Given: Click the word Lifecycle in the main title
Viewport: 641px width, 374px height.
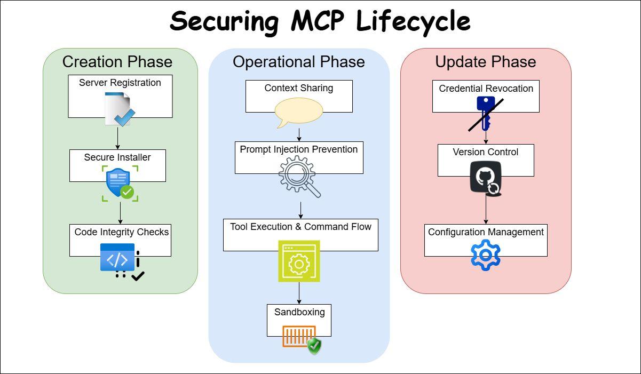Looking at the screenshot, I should [413, 21].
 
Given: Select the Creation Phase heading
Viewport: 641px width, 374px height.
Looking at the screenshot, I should [117, 62].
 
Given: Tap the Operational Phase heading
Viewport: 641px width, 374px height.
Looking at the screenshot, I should [299, 62].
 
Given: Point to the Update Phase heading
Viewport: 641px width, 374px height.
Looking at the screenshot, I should [486, 62].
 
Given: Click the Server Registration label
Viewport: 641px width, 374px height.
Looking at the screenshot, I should [120, 83].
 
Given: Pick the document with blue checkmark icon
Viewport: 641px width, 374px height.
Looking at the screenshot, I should [119, 109].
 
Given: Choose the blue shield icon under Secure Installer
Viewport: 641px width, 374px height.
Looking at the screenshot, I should [118, 182].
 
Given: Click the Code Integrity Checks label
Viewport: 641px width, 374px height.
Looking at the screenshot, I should [122, 232].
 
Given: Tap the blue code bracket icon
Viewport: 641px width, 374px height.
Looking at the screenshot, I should [118, 259].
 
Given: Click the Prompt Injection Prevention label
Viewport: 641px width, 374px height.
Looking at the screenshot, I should [299, 149].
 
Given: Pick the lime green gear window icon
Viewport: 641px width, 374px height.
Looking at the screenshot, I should [299, 261].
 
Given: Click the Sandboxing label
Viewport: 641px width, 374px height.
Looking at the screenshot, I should [299, 312].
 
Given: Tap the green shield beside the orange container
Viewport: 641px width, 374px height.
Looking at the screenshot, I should [314, 346].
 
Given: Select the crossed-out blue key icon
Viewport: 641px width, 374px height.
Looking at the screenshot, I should [485, 113].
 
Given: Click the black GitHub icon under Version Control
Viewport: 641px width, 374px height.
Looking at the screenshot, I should [485, 178].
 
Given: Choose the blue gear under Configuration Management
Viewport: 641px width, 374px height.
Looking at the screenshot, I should [486, 255].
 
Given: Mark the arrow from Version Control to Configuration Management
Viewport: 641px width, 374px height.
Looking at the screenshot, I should [486, 210].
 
